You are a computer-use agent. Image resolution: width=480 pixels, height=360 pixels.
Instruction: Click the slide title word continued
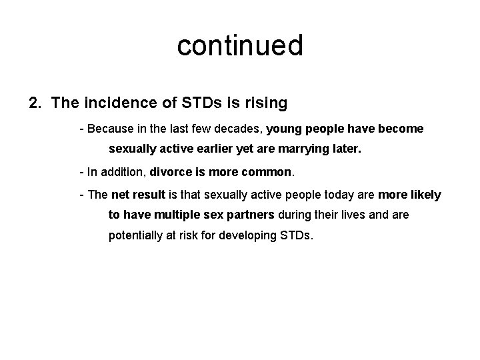coord(240,46)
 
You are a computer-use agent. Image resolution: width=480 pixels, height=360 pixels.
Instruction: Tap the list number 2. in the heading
coord(36,103)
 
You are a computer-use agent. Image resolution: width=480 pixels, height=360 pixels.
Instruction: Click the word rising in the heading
coord(265,103)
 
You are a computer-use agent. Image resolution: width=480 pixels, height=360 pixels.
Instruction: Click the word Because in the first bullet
coord(108,128)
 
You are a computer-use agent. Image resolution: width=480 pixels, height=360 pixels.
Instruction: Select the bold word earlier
coord(223,150)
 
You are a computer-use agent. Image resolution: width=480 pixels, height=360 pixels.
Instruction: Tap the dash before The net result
coord(81,195)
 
